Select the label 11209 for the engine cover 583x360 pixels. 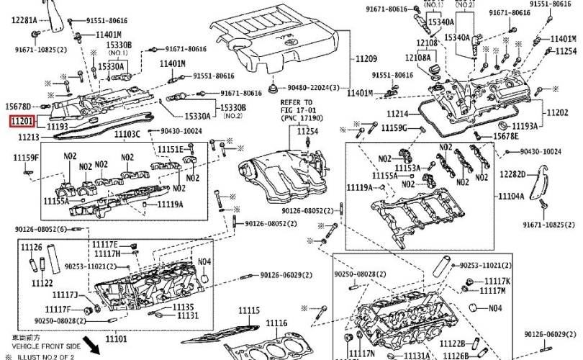point(366,58)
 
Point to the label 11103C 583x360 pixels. point(127,135)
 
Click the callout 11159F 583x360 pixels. point(27,157)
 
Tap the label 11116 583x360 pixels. point(275,323)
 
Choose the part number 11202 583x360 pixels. point(557,112)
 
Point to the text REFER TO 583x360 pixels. point(297,103)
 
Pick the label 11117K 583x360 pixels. point(497,281)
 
